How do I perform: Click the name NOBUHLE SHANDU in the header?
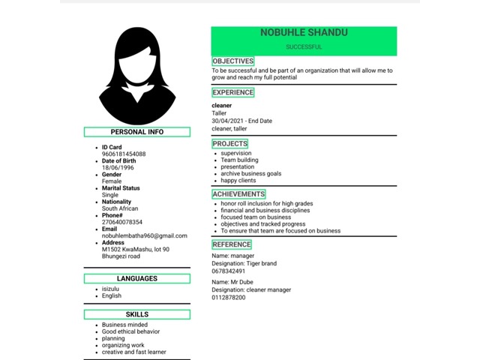(304, 33)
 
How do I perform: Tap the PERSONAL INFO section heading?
(137, 132)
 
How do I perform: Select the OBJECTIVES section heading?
(233, 61)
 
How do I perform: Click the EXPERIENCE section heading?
(233, 92)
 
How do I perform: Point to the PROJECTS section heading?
(229, 143)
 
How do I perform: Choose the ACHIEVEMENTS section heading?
(238, 194)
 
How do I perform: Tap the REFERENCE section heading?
(232, 244)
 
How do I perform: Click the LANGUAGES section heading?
(137, 279)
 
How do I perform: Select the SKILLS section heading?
(137, 315)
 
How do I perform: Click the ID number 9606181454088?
(124, 154)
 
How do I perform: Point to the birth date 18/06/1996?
(118, 168)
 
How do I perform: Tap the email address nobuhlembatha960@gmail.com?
(145, 235)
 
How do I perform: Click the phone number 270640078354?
(122, 222)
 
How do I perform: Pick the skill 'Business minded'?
(125, 325)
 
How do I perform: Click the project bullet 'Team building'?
(239, 160)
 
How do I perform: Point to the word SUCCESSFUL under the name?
(304, 46)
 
